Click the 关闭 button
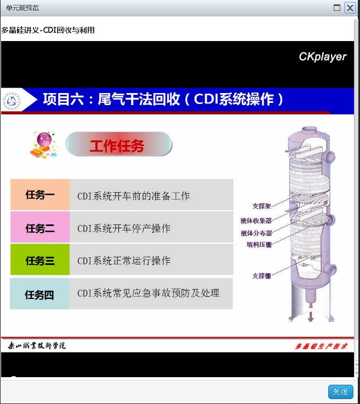pos(340,391)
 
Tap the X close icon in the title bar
pos(350,8)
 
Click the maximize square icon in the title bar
pos(337,8)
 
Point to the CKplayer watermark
pos(322,57)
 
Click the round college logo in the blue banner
pos(12,101)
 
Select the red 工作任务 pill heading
pos(119,144)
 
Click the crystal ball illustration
pos(44,145)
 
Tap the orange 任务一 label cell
pos(40,195)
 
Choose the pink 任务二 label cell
pos(40,227)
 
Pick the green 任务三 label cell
pos(40,259)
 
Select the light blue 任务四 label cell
pos(39,294)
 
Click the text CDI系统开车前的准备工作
pos(134,196)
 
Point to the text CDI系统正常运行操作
pos(124,261)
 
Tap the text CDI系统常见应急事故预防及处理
pos(148,293)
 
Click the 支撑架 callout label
pos(261,206)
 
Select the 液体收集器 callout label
pos(256,221)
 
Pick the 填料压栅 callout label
pos(259,245)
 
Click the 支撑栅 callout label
pos(261,276)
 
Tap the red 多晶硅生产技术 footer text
pos(321,346)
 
